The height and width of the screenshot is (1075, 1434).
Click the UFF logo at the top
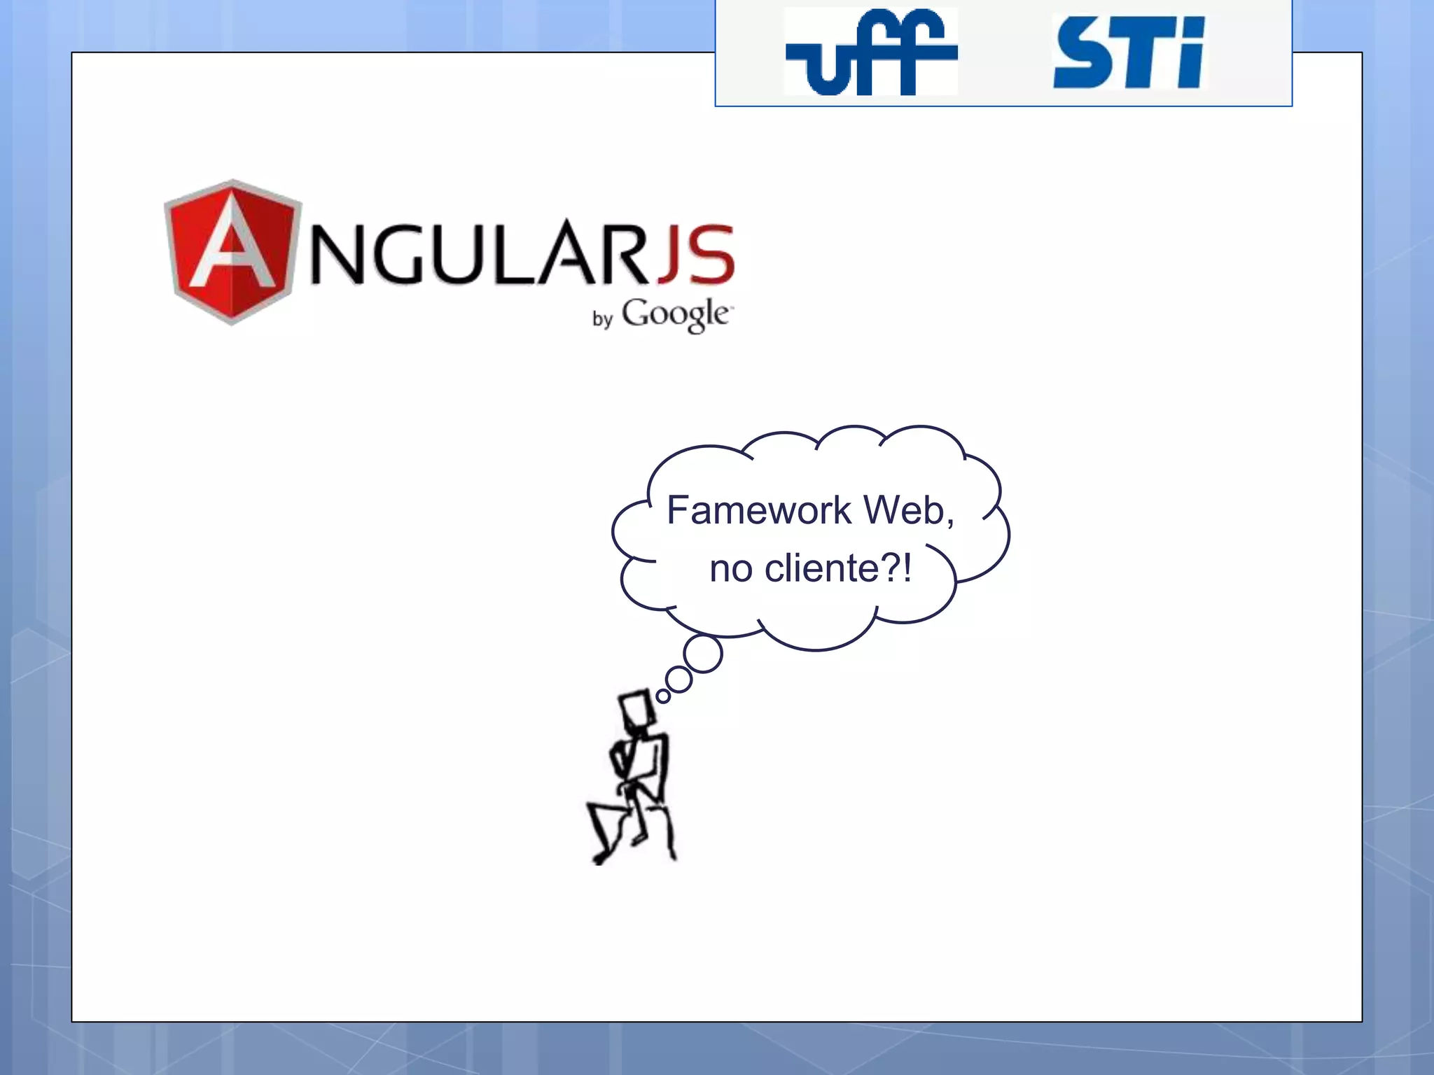(x=871, y=52)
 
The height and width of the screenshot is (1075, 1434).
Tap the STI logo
(x=1129, y=53)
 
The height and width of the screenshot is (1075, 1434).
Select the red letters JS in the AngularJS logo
(x=696, y=255)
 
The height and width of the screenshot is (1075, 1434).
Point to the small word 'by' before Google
(x=602, y=319)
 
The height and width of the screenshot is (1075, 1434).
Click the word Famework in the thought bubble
(x=759, y=510)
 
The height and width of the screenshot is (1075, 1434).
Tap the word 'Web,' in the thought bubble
(x=908, y=510)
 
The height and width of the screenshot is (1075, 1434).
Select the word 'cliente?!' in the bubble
(x=838, y=568)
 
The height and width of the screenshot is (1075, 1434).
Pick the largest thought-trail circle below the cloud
(x=702, y=654)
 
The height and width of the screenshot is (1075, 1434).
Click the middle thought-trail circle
(x=678, y=679)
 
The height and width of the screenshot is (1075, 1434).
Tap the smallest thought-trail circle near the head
(x=662, y=696)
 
